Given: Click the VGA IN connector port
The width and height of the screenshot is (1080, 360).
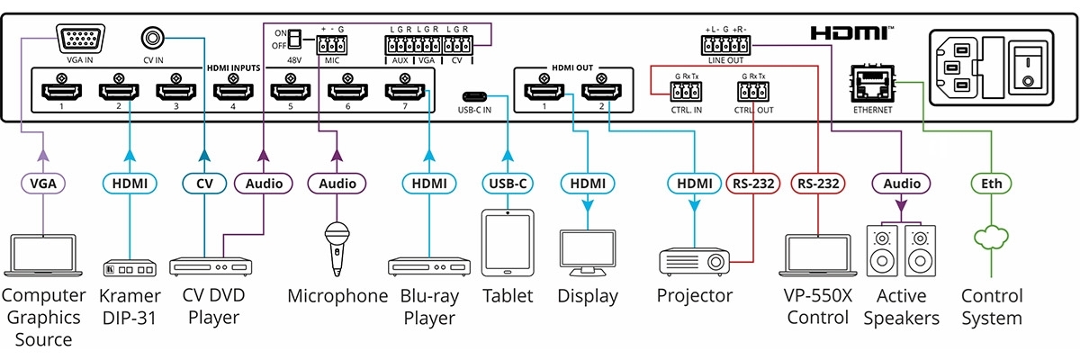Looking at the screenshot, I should [80, 40].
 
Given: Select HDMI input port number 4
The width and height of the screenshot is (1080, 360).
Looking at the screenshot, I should [231, 90].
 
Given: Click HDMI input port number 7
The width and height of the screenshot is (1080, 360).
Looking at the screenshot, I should [404, 90].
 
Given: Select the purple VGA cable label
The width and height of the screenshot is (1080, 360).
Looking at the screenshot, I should [43, 184].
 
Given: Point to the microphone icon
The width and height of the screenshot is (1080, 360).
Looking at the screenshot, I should [337, 247].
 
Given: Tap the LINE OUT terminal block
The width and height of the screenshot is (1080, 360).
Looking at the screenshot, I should [726, 43].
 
